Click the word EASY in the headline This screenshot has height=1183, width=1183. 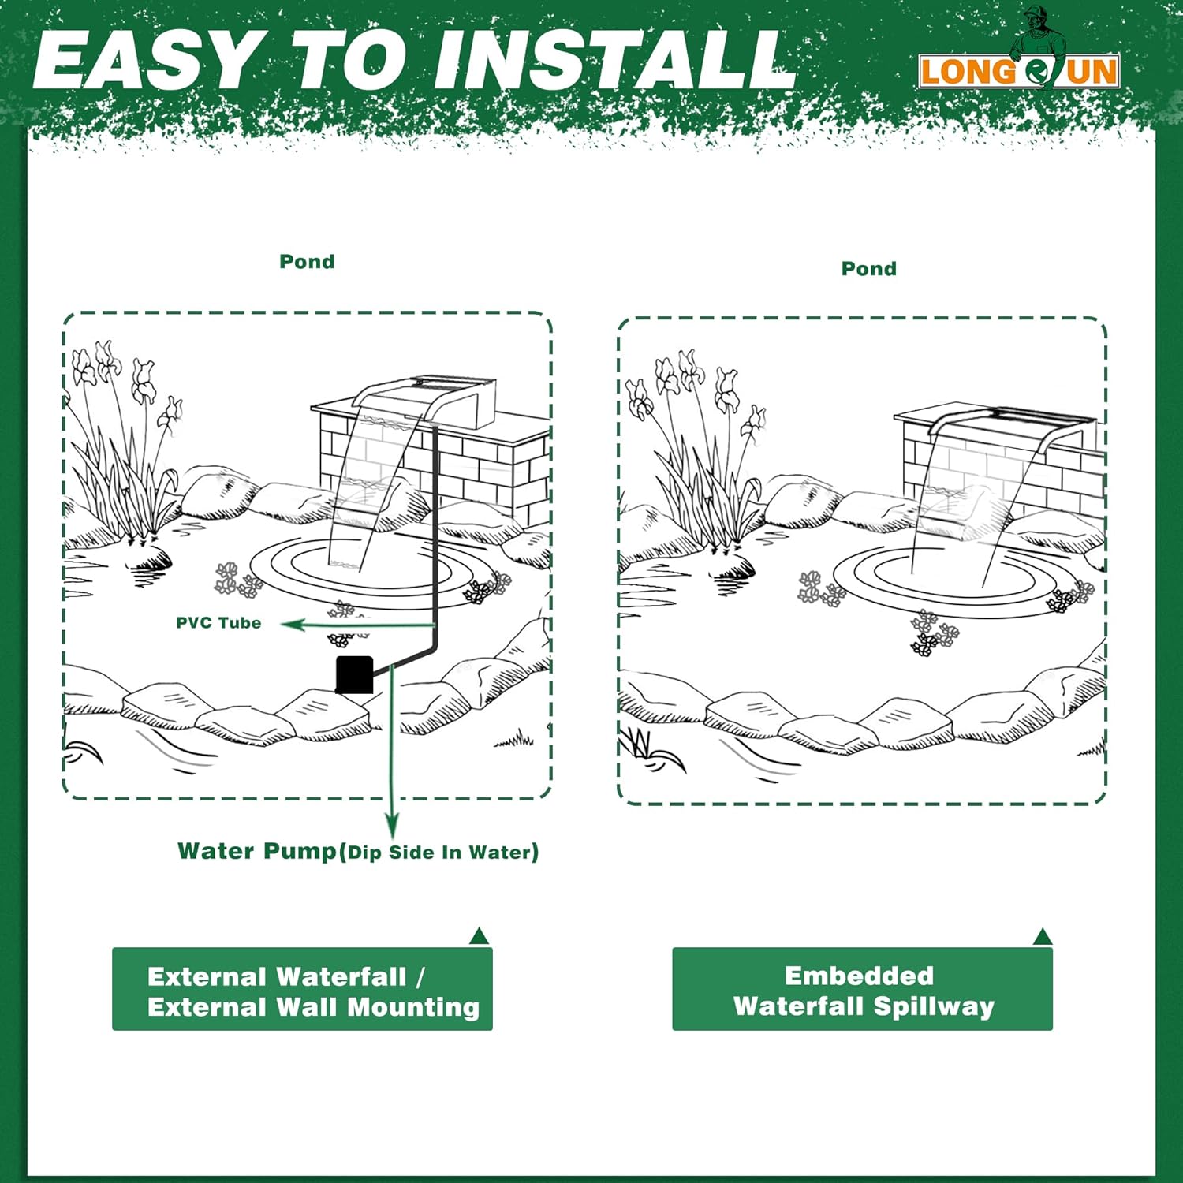pos(144,61)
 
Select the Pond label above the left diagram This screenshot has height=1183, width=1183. pos(307,262)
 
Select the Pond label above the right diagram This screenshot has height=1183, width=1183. pos(869,269)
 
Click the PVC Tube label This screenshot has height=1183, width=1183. pos(218,623)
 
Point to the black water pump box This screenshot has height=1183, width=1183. pos(355,675)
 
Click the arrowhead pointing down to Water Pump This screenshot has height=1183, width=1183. pos(392,827)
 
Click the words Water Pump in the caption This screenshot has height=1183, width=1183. pos(257,851)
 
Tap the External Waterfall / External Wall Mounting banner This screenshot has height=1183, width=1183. pos(302,989)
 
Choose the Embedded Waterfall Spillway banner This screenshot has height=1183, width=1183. pos(862,989)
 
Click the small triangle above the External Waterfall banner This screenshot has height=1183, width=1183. pos(479,936)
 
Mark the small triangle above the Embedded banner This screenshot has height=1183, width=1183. pos(1043,936)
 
